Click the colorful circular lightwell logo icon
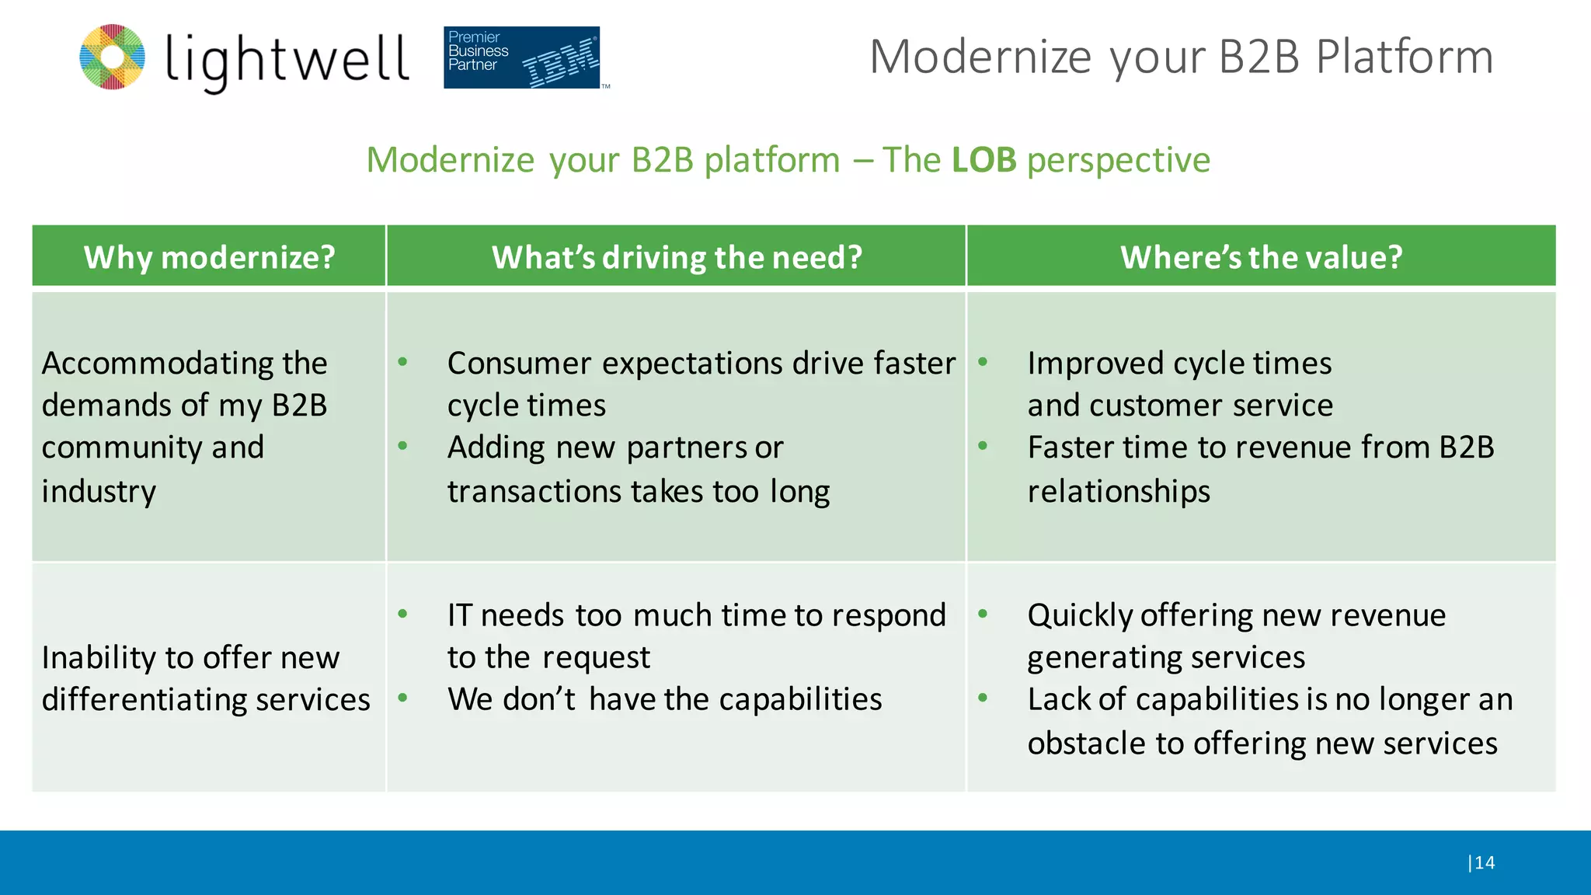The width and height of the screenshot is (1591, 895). point(112,57)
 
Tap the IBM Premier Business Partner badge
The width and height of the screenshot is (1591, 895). point(522,57)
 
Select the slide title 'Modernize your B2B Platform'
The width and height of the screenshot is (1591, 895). point(1181,57)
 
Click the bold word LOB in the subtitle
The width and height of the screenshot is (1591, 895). point(983,160)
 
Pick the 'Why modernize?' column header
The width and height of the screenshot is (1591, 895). point(209,257)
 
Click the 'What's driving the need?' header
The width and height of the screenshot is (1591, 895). point(677,257)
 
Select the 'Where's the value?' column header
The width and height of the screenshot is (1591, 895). point(1261,257)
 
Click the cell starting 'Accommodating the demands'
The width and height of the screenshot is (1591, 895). point(185,426)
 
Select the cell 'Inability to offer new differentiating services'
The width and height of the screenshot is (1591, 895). point(205,678)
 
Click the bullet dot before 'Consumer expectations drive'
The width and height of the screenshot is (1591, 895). point(402,361)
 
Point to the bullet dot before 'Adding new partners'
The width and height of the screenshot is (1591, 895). point(402,445)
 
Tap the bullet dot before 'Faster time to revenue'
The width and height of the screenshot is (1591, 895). point(983,445)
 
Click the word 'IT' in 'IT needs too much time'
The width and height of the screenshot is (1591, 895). point(459,615)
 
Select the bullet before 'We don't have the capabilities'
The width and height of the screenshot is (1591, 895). point(402,697)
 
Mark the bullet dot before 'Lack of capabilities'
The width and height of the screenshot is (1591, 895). point(983,697)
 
